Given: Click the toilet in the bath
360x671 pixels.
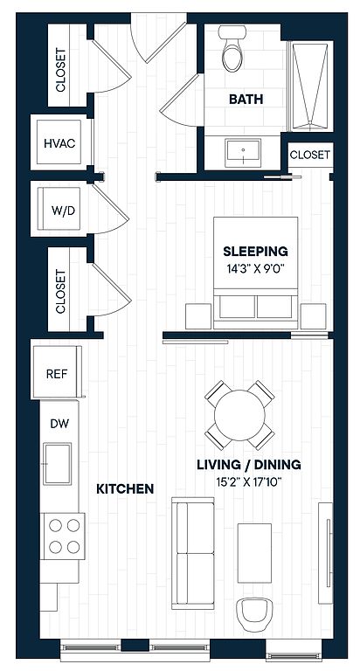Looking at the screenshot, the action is (x=233, y=48).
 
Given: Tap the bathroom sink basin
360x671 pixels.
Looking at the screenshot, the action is (x=243, y=152).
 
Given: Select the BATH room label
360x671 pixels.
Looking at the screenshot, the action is (x=246, y=100).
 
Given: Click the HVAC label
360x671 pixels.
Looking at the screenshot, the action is (x=59, y=143).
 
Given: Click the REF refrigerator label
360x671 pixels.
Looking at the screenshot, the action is (x=57, y=374).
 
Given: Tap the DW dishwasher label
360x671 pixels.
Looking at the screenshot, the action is (x=60, y=424).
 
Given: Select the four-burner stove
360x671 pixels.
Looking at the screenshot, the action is (x=63, y=536).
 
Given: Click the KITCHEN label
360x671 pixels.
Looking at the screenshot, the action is (x=125, y=488).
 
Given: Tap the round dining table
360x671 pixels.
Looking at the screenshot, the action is (x=239, y=415).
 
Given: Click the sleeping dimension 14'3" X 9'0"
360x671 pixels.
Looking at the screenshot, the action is (x=256, y=269).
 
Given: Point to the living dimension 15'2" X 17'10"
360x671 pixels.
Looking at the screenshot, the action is (x=249, y=482).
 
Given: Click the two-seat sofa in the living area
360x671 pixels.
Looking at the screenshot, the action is (x=192, y=553).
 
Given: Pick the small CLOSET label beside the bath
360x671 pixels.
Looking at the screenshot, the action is (x=310, y=155).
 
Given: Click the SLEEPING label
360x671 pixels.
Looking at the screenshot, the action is (x=255, y=251).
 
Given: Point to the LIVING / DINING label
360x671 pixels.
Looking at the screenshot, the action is (x=249, y=465).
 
